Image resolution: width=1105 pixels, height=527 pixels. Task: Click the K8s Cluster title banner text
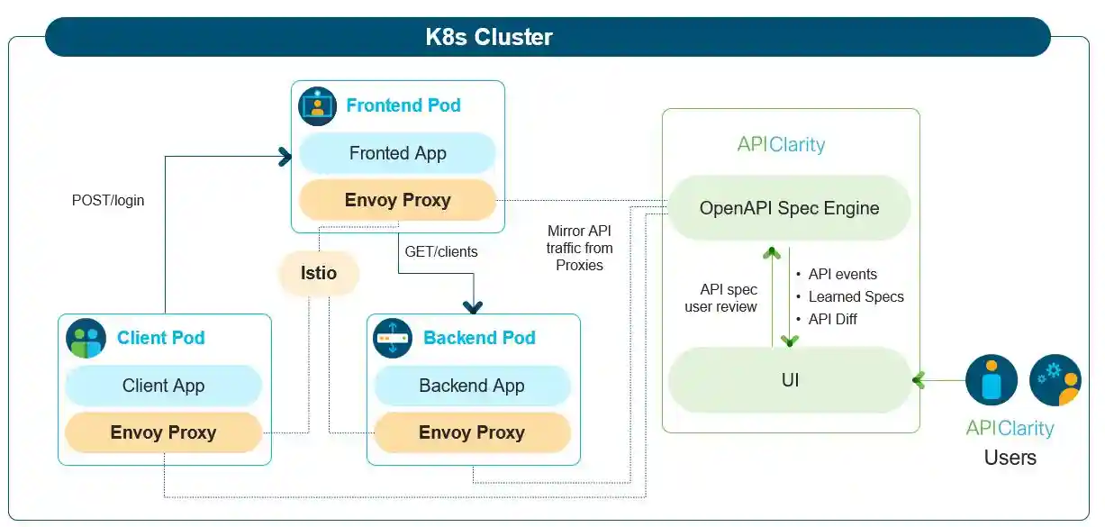coord(488,37)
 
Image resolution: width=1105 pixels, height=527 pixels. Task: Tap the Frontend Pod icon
coord(317,105)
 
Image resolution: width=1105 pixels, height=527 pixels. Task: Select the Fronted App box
coord(397,153)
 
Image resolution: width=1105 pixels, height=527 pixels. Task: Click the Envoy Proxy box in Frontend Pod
coord(397,200)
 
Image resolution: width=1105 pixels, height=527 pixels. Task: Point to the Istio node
coord(318,272)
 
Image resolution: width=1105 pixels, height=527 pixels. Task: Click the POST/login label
coord(108,200)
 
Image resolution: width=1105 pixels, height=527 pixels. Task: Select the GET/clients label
coord(441,251)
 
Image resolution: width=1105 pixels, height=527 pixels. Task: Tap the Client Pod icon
coord(86,338)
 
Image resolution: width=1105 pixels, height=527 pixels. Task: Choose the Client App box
coord(163,386)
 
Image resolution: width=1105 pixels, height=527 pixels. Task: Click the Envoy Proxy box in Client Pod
coord(163,432)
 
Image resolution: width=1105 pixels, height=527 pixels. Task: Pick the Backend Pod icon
coord(393,338)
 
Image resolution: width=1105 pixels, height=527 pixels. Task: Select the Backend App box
coord(472,386)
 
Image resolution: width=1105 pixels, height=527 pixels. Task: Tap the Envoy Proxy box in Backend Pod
coord(472,432)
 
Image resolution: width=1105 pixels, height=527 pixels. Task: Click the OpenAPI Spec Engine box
coord(789,208)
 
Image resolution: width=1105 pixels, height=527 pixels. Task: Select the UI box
coord(789,380)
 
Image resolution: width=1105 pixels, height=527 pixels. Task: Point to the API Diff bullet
coord(832,319)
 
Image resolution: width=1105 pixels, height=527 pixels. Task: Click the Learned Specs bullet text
coord(856,296)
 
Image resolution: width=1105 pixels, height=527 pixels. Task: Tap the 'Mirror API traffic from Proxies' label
coord(579,248)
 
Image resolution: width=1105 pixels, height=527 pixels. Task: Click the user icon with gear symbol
coord(1055,379)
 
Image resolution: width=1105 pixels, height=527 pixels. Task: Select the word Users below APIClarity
coord(1010,458)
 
